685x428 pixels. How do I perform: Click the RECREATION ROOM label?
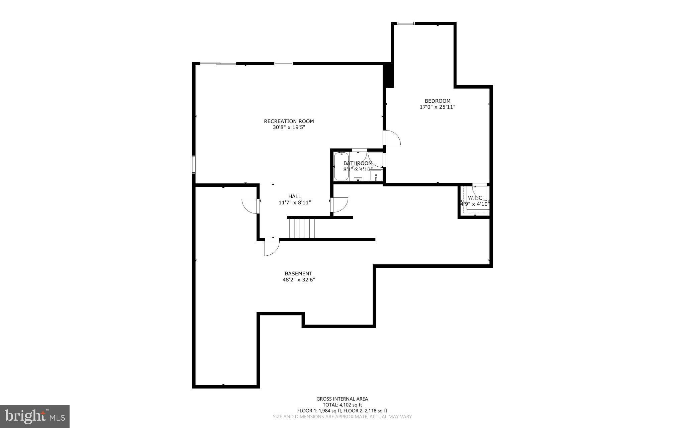click(289, 121)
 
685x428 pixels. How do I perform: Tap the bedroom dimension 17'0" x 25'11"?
click(437, 107)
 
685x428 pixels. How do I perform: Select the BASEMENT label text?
click(298, 273)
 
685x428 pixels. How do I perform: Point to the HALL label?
click(294, 196)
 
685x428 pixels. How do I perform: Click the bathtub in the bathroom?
click(341, 167)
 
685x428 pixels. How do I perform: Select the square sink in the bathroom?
click(376, 176)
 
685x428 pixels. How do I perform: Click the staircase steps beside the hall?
click(302, 228)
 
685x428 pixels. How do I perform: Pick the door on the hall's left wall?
click(250, 205)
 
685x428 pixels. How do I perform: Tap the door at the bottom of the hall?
click(271, 247)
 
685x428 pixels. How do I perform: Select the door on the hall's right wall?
click(339, 205)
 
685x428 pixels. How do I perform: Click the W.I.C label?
click(475, 198)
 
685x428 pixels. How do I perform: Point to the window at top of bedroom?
click(406, 23)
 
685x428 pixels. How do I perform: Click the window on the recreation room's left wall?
click(194, 164)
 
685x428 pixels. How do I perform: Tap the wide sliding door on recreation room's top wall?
click(218, 63)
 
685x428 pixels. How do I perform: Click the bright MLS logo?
click(35, 416)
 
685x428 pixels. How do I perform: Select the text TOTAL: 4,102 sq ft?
click(342, 405)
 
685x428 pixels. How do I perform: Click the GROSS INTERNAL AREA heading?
click(342, 399)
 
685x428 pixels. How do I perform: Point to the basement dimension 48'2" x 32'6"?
click(299, 280)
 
